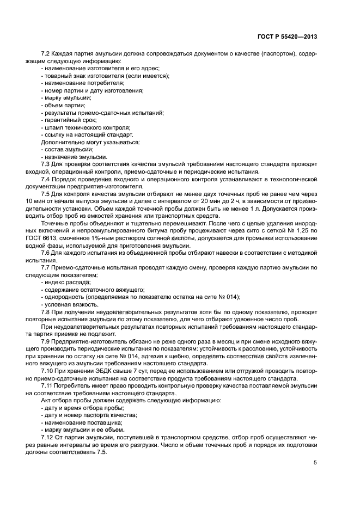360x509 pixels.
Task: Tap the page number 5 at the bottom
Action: (315, 463)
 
